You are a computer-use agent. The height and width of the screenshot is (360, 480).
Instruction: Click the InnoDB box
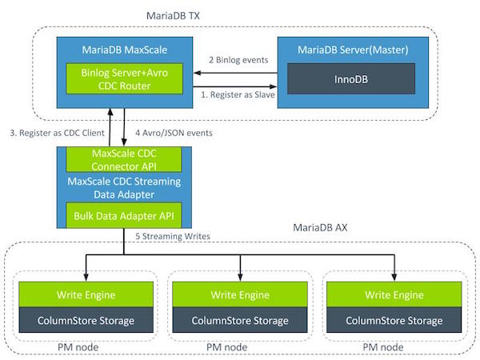click(x=351, y=78)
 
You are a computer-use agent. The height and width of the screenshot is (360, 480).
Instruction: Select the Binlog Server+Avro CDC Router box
click(x=124, y=78)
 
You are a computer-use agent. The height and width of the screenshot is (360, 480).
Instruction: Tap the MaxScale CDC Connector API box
click(x=124, y=159)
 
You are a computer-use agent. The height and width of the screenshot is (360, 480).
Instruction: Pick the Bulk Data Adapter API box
click(x=124, y=215)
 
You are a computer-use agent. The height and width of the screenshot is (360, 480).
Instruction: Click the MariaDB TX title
click(x=173, y=16)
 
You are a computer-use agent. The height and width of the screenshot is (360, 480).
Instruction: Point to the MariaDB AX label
click(x=320, y=227)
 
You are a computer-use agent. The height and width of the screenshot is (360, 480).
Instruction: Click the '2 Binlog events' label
click(x=238, y=60)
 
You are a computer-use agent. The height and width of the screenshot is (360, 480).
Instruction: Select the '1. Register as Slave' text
click(x=238, y=94)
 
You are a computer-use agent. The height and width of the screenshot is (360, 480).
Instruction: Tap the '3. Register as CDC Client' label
click(x=58, y=133)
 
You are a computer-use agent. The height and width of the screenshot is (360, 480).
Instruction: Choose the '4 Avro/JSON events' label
click(x=174, y=133)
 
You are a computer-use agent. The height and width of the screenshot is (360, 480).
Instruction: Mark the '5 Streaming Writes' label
click(x=173, y=236)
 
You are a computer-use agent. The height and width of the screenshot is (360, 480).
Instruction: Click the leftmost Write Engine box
click(x=86, y=294)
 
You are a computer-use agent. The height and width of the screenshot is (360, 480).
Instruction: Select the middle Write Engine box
click(x=240, y=294)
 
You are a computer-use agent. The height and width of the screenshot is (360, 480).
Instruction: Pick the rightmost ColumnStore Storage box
click(x=394, y=320)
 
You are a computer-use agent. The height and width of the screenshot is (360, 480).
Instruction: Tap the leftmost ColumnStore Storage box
click(x=86, y=320)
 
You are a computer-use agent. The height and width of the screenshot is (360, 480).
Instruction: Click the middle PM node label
click(x=227, y=347)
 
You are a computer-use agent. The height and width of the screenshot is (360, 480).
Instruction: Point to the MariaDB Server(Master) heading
click(x=353, y=50)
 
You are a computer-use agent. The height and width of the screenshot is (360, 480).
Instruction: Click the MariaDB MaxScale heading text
click(x=125, y=50)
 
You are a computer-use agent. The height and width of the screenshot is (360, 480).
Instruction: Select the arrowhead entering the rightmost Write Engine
click(x=394, y=278)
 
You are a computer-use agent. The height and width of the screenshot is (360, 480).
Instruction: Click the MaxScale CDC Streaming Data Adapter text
click(x=124, y=188)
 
